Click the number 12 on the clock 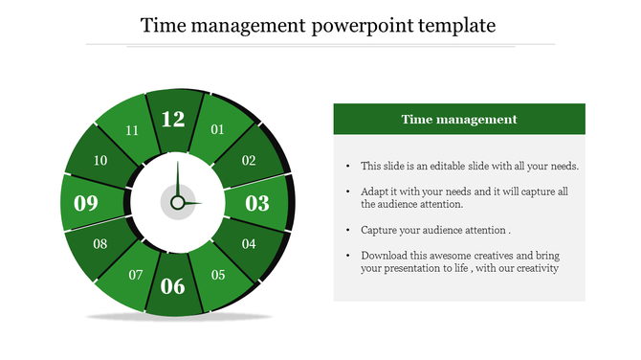tap(173, 120)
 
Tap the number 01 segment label tap(217, 129)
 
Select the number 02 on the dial tap(249, 161)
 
